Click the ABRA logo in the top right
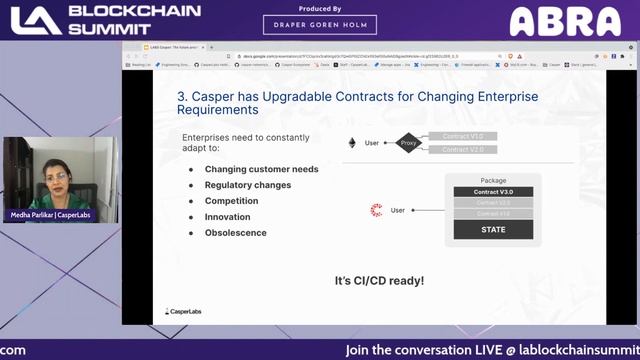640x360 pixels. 565,21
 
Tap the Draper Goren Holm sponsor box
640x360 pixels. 319,24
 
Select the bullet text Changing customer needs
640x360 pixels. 261,169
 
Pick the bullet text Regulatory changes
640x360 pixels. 248,185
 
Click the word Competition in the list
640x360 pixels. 231,201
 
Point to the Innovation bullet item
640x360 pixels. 227,217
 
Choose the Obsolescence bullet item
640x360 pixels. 235,233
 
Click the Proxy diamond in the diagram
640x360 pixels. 409,143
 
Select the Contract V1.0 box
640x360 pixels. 463,135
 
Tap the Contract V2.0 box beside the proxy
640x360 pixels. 463,150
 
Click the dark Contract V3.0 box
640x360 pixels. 493,191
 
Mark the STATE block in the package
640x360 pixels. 493,229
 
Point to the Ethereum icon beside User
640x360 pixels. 351,143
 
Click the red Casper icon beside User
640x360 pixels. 377,210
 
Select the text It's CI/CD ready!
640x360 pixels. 379,281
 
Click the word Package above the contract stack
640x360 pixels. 493,181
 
